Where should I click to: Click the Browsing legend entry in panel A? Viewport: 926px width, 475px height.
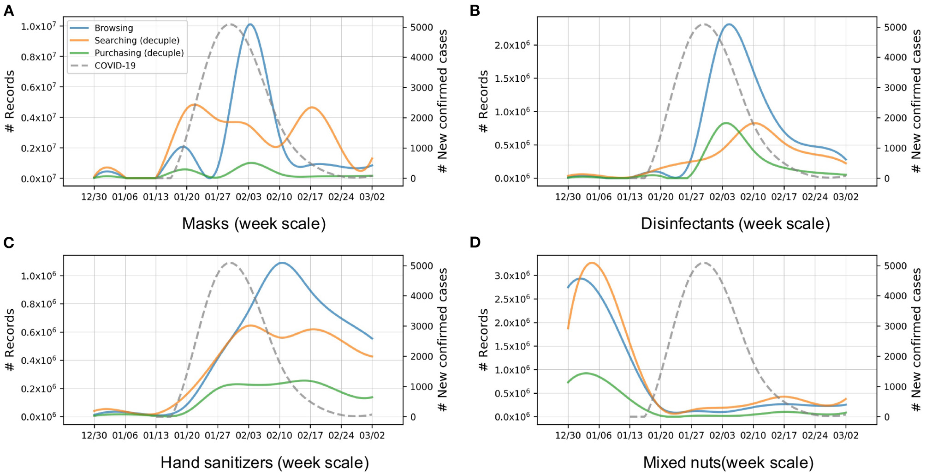113,28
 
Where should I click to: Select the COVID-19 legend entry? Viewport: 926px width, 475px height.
115,66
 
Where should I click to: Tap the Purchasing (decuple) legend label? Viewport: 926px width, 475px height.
139,53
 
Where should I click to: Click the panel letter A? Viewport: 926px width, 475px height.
9,11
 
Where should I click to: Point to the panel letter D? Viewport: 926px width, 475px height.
475,243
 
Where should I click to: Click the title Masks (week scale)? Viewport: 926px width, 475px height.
254,224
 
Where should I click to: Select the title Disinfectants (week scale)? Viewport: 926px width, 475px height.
735,224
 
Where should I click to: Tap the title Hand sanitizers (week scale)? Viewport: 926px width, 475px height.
264,463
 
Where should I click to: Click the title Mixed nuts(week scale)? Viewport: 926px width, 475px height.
728,463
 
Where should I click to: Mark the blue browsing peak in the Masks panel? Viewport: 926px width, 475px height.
250,24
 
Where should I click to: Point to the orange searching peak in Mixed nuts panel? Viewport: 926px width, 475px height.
592,263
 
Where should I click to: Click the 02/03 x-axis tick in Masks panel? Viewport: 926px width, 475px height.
249,197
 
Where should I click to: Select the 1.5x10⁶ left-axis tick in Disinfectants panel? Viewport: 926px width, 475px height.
512,78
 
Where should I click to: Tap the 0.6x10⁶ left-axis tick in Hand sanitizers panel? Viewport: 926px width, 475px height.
38,332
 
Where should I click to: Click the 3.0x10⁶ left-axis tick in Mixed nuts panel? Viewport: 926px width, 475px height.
512,276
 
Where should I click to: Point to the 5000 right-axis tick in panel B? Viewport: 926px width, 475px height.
895,28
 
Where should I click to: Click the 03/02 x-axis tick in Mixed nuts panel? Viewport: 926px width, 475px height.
846,436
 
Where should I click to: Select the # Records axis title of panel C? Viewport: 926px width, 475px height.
10,339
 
